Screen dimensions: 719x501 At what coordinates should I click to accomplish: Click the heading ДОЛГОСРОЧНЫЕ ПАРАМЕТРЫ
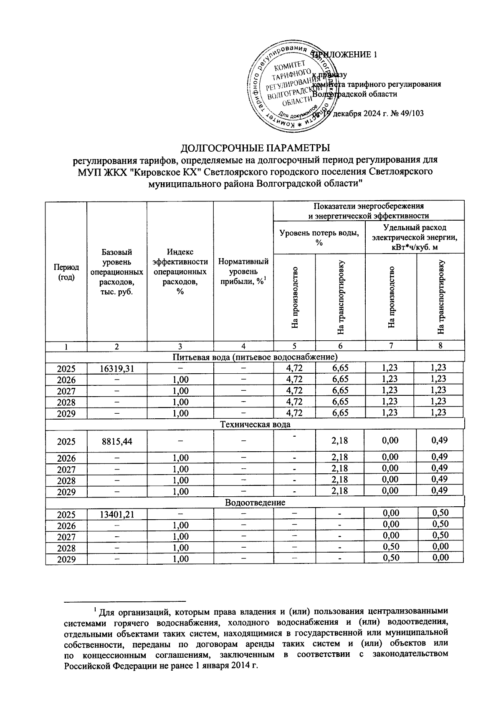point(255,148)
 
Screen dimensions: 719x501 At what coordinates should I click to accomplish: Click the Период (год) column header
point(66,272)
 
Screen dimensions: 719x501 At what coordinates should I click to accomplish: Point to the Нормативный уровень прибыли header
point(243,272)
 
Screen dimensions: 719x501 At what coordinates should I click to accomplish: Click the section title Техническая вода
point(255,425)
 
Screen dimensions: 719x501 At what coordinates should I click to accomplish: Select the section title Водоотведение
point(255,503)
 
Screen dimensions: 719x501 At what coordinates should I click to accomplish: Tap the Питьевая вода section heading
point(255,357)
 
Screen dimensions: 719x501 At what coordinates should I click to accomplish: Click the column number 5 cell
point(294,346)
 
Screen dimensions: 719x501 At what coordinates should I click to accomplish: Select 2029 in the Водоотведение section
point(66,559)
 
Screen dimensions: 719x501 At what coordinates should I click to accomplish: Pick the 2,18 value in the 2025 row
point(339,441)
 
